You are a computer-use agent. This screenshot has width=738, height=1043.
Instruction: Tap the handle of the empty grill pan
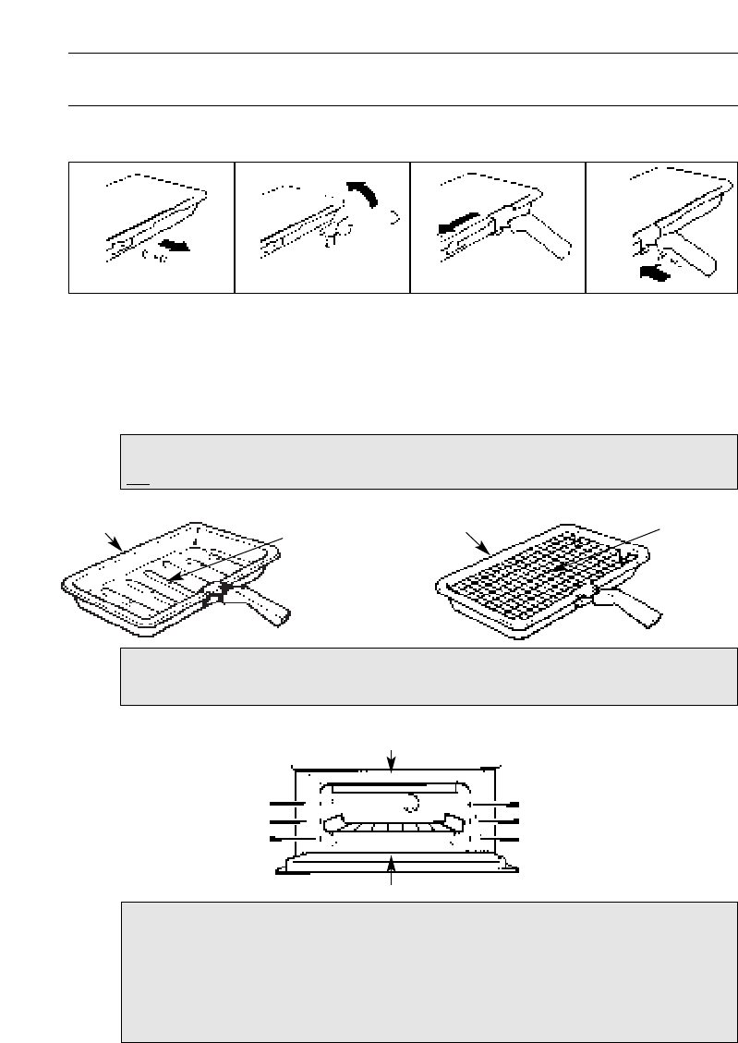(x=268, y=611)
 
